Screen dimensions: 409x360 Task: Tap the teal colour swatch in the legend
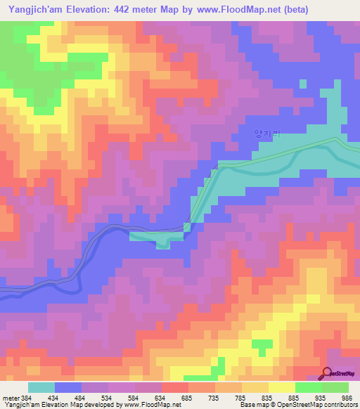click(x=41, y=388)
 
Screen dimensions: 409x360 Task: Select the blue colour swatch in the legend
click(x=68, y=388)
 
